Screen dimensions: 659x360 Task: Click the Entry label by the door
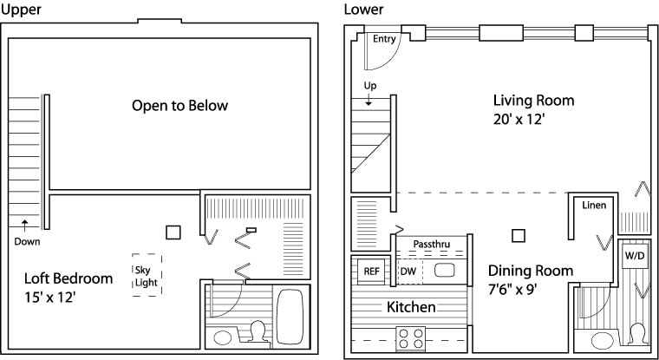pyautogui.click(x=384, y=39)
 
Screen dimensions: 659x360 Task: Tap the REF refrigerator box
pyautogui.click(x=371, y=272)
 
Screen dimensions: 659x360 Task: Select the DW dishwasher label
pyautogui.click(x=408, y=272)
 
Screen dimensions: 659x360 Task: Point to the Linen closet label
pyautogui.click(x=594, y=206)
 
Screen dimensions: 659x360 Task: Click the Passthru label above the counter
pyautogui.click(x=431, y=244)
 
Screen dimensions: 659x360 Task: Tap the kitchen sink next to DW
pyautogui.click(x=444, y=270)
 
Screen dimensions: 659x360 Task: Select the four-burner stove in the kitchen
pyautogui.click(x=411, y=338)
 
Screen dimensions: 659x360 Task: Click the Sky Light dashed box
pyautogui.click(x=147, y=275)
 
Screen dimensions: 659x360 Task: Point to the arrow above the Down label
pyautogui.click(x=25, y=226)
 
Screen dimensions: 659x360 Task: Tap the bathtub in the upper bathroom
pyautogui.click(x=290, y=317)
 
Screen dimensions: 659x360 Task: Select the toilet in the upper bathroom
pyautogui.click(x=257, y=332)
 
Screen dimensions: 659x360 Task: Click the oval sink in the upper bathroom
pyautogui.click(x=222, y=337)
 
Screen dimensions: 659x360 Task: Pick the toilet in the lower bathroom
pyautogui.click(x=638, y=334)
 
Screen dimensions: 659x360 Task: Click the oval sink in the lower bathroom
pyautogui.click(x=602, y=340)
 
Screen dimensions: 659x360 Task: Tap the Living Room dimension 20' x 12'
pyautogui.click(x=519, y=120)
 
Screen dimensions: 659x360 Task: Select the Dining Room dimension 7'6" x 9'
pyautogui.click(x=512, y=290)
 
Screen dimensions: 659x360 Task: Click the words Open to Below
pyautogui.click(x=179, y=105)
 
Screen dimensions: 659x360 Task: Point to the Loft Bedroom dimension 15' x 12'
pyautogui.click(x=50, y=298)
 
